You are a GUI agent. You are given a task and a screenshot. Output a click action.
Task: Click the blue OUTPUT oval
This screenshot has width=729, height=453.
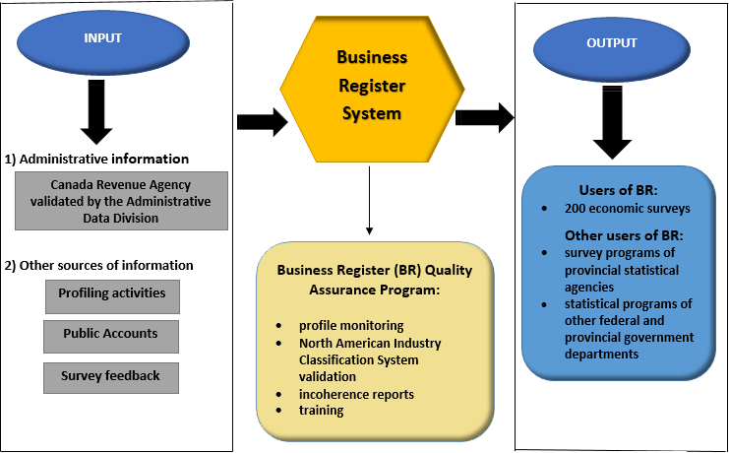point(612,43)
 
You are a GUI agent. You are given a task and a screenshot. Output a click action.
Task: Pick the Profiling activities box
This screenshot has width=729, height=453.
point(111,293)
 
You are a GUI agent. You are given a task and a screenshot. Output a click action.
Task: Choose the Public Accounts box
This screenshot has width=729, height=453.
point(111,334)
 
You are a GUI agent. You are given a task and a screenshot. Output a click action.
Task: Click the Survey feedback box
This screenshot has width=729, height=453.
point(111,376)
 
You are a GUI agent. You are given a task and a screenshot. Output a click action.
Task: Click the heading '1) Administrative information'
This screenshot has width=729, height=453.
point(97,159)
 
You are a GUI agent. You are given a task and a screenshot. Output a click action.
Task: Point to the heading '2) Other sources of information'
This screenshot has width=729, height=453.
point(99,265)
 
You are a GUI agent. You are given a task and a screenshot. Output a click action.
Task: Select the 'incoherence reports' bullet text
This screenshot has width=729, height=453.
point(357,393)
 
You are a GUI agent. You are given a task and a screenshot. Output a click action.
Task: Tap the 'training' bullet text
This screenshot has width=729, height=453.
point(322,410)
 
